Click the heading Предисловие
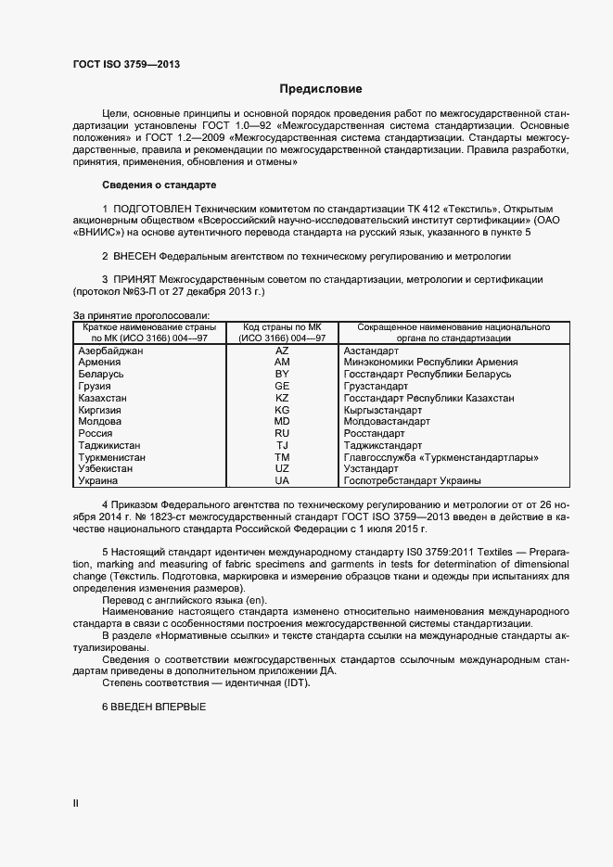[x=321, y=89]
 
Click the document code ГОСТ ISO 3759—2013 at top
[x=126, y=64]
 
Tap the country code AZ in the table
[x=282, y=351]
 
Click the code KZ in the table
[x=282, y=397]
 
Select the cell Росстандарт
[x=374, y=433]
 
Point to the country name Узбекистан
[x=106, y=469]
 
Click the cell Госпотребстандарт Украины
[x=412, y=481]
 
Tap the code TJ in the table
[x=282, y=445]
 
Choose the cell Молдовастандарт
[x=386, y=421]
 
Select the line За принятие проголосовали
[x=141, y=315]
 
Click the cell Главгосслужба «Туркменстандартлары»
[x=441, y=457]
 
